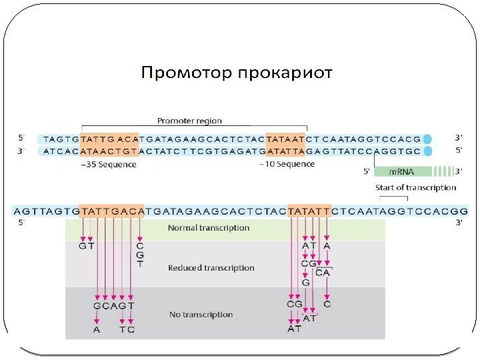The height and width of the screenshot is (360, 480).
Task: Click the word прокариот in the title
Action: click(x=285, y=73)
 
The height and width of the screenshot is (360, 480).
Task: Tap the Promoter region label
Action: click(x=189, y=121)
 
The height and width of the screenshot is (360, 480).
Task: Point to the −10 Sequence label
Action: click(x=287, y=163)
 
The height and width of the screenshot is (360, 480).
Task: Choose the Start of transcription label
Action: click(x=416, y=188)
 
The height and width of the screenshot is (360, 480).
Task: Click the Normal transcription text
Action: click(x=209, y=228)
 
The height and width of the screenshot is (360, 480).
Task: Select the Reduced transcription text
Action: click(x=211, y=268)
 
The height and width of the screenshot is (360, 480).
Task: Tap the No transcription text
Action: click(x=201, y=314)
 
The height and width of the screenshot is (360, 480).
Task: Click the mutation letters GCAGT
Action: click(x=114, y=306)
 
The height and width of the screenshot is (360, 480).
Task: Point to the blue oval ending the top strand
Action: click(x=428, y=139)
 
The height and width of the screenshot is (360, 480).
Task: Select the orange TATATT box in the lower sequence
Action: click(x=309, y=211)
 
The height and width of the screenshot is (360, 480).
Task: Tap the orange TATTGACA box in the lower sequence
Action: click(x=111, y=211)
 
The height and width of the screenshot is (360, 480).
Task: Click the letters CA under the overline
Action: click(x=323, y=273)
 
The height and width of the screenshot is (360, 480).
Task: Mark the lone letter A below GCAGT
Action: click(x=97, y=329)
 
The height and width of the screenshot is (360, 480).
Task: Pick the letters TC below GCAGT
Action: click(x=127, y=329)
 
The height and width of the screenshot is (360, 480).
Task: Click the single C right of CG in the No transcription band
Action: click(x=327, y=304)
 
